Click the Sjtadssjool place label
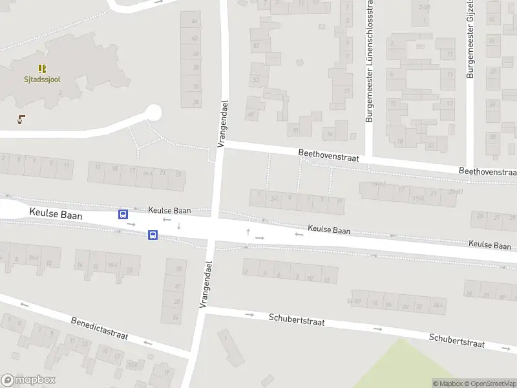coord(42,80)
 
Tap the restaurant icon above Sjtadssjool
coord(42,68)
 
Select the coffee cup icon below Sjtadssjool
coord(22,118)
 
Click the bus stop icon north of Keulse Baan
coord(123,214)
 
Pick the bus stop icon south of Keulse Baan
coord(153,235)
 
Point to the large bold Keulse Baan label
coord(56,215)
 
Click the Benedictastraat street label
coord(100,328)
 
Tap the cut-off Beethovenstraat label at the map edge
coord(487,172)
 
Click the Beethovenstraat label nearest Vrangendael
coord(328,155)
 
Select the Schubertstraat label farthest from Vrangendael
coord(456,341)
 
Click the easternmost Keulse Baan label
coord(489,245)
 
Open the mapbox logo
coord(28,380)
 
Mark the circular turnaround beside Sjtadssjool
coord(153,113)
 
